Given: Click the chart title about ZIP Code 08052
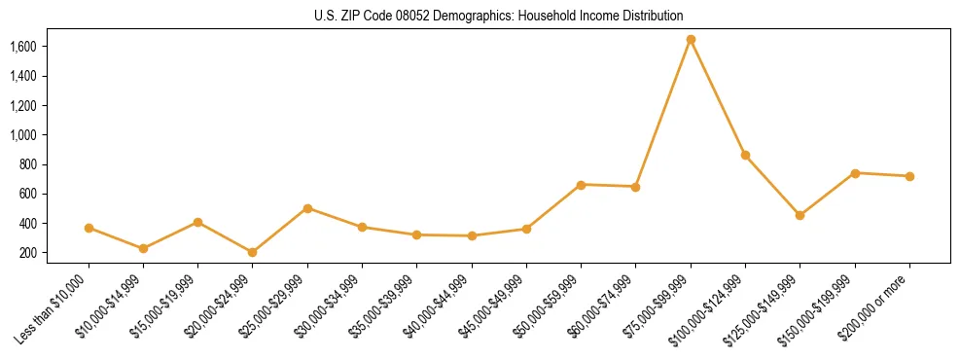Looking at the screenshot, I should (x=499, y=16).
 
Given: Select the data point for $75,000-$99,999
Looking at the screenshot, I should (x=691, y=40).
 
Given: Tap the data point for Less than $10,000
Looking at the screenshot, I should (x=89, y=228).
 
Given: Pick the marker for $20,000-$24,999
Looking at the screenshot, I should (x=253, y=252).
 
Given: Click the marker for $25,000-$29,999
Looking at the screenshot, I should (x=307, y=208).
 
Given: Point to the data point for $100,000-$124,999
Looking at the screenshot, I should (x=745, y=155).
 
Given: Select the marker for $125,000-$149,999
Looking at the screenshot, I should (x=800, y=215).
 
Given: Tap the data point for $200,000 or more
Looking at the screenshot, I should (x=909, y=176).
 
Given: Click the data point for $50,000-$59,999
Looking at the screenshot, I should (x=581, y=184).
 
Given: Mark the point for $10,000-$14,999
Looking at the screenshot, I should (x=143, y=248).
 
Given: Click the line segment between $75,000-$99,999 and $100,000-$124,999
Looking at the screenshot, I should (x=718, y=97).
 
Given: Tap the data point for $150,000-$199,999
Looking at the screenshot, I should (x=855, y=173).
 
